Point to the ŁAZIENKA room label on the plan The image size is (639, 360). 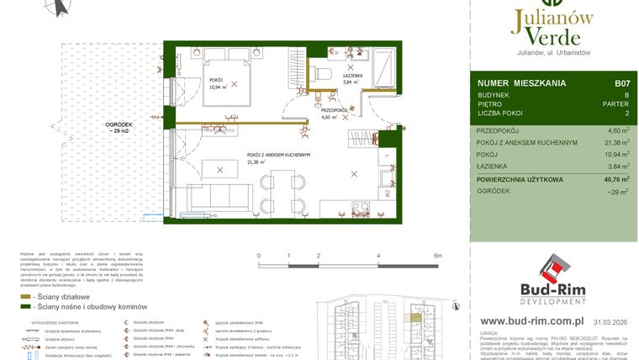pyautogui.click(x=352, y=76)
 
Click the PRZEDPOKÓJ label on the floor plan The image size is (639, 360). pyautogui.click(x=335, y=110)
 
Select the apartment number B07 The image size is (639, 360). pyautogui.click(x=621, y=83)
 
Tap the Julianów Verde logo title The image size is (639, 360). pyautogui.click(x=552, y=25)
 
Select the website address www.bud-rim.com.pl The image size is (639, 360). pyautogui.click(x=532, y=320)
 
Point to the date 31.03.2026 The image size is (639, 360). pyautogui.click(x=610, y=321)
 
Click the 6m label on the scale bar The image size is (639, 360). pyautogui.click(x=438, y=254)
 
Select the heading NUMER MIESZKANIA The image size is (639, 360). pyautogui.click(x=520, y=83)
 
